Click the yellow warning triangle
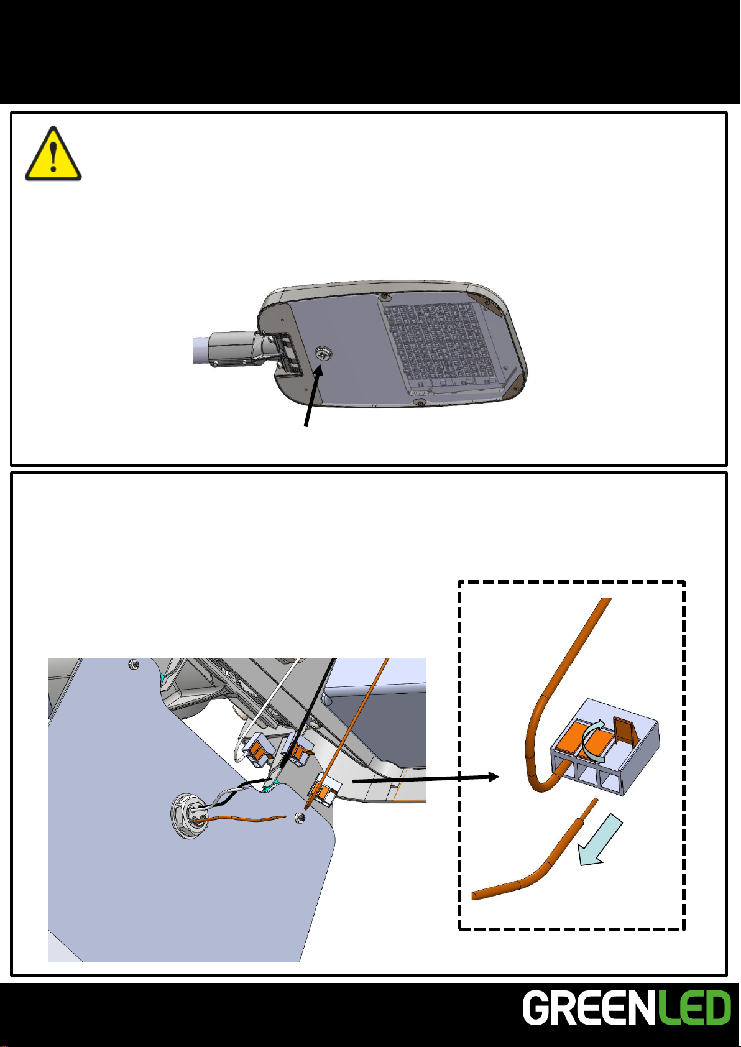[53, 154]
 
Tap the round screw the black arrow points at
[323, 353]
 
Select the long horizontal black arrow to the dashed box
[426, 778]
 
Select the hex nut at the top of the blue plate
[133, 664]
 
